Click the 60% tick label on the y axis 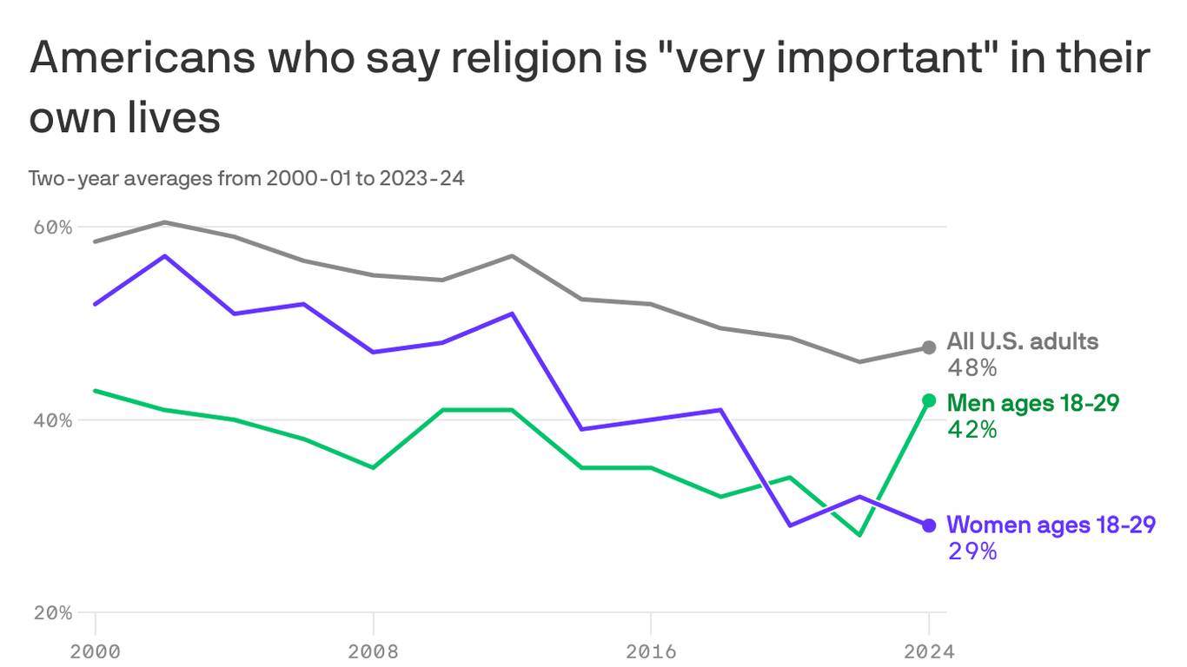[x=53, y=227]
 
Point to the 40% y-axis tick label [x=53, y=419]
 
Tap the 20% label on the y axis [x=53, y=612]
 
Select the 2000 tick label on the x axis [x=95, y=651]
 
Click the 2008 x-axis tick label [x=373, y=651]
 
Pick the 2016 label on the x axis [x=651, y=651]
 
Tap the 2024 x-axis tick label [x=928, y=651]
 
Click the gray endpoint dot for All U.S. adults [x=929, y=347]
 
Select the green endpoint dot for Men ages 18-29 [x=929, y=400]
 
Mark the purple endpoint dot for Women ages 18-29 [x=929, y=525]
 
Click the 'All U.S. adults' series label [x=1022, y=341]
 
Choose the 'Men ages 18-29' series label [x=1032, y=403]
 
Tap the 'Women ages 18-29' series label [x=1051, y=525]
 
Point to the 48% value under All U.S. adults [x=971, y=368]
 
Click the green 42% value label [x=971, y=429]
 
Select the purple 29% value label [x=971, y=551]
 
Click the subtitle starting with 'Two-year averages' [x=246, y=179]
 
